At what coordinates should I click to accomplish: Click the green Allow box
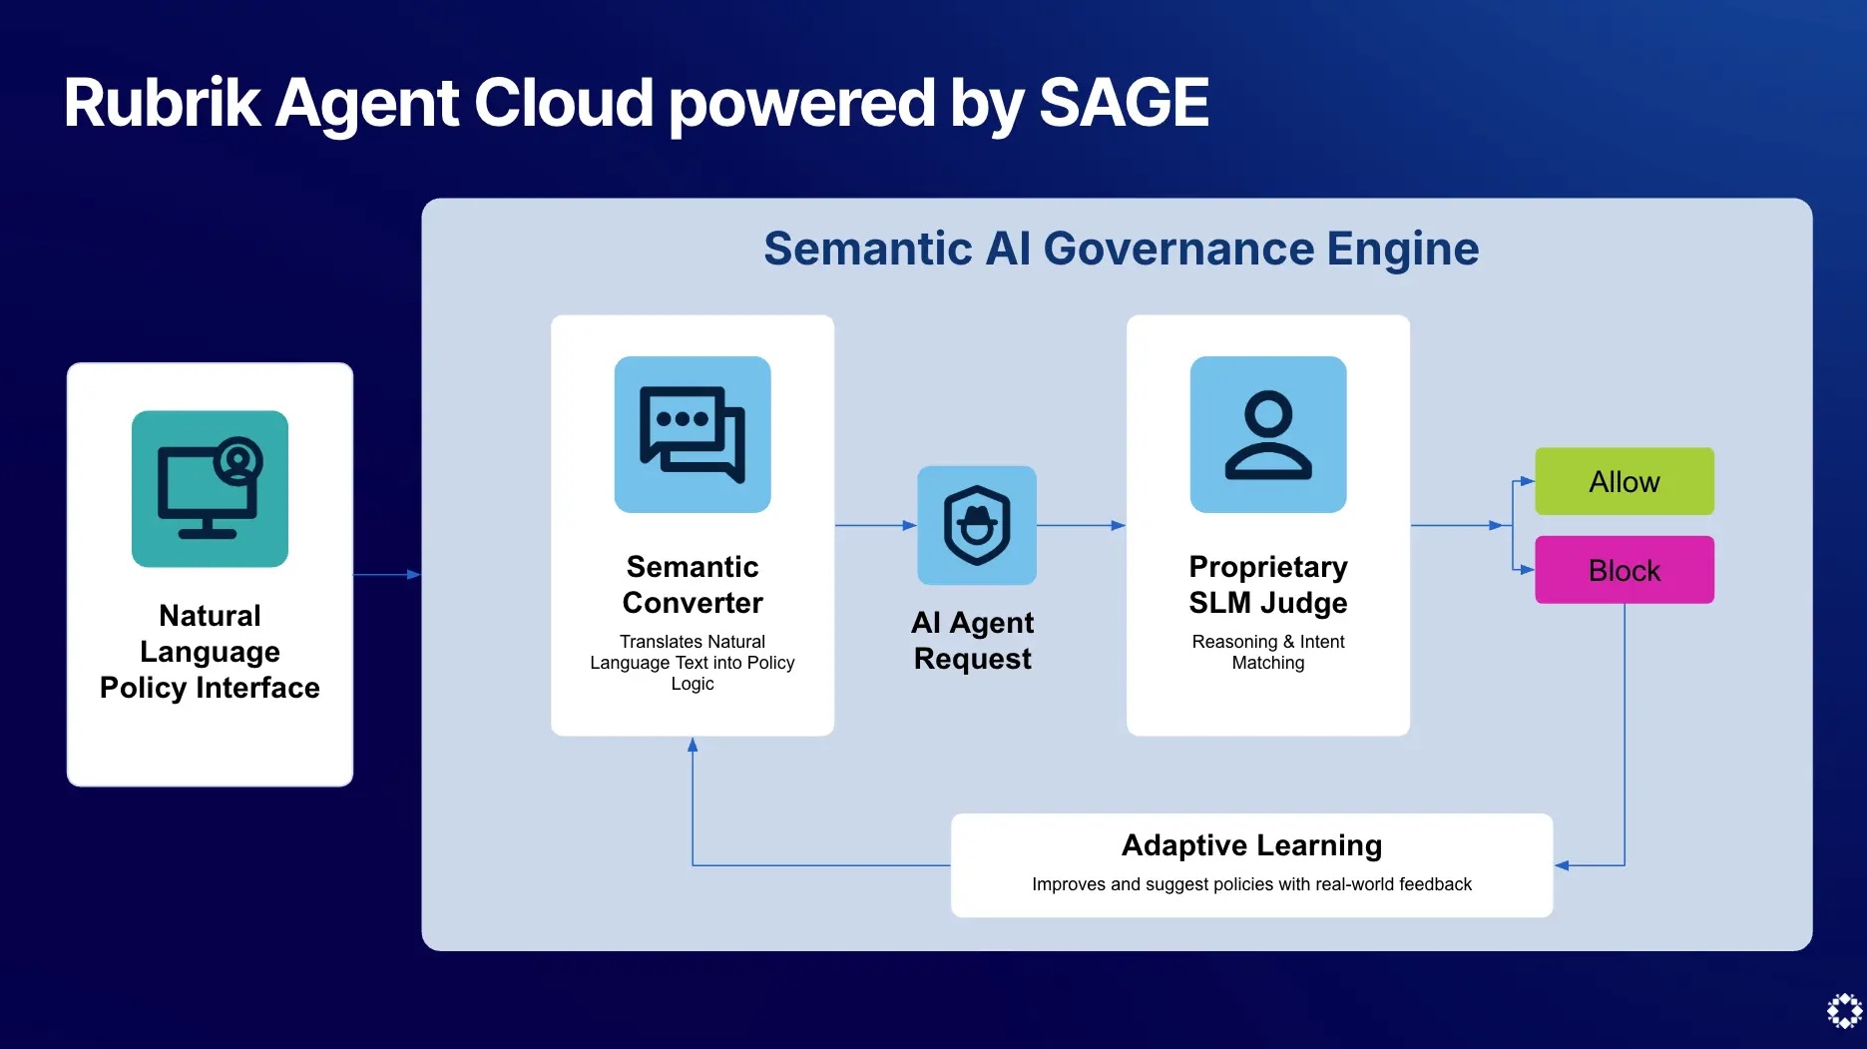click(x=1624, y=481)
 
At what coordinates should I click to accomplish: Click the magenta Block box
click(x=1624, y=570)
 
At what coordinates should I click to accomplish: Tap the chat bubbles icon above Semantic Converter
click(x=693, y=434)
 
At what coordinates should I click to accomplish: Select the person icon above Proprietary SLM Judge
click(x=1267, y=434)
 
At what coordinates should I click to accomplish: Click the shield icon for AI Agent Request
click(x=976, y=525)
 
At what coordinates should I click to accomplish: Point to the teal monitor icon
click(x=210, y=489)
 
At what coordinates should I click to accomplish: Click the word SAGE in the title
click(x=1124, y=103)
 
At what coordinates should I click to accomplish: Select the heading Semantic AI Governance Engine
click(x=1121, y=249)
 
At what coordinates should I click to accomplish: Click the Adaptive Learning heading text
click(x=1251, y=845)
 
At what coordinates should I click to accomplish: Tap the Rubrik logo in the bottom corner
click(x=1844, y=1010)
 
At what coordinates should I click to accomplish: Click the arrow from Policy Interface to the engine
click(x=386, y=575)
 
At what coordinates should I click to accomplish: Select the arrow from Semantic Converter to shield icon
click(x=874, y=525)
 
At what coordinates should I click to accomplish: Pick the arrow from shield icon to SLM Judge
click(x=1081, y=525)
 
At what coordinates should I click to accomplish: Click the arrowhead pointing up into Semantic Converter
click(x=693, y=745)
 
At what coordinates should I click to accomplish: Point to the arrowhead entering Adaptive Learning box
click(x=1562, y=865)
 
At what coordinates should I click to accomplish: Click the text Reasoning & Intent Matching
click(x=1267, y=652)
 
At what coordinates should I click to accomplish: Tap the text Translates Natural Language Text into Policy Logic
click(x=692, y=662)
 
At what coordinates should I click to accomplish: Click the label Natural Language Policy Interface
click(x=210, y=651)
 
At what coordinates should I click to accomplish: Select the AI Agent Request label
click(x=973, y=640)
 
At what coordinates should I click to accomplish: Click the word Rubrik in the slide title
click(x=162, y=103)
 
